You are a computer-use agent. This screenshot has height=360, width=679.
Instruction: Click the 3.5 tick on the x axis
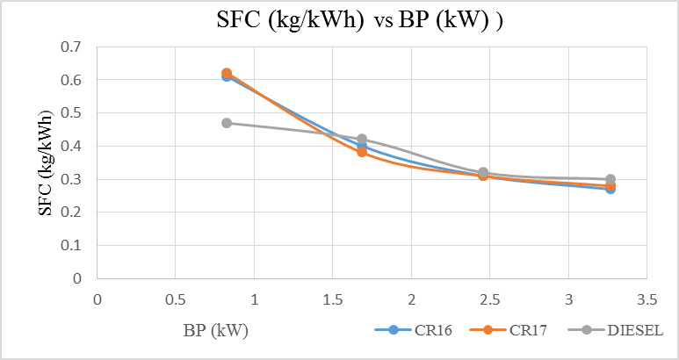point(647,299)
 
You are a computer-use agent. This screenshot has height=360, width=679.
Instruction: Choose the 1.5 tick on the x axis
point(332,299)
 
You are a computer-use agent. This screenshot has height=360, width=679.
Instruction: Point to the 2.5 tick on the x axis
point(489,299)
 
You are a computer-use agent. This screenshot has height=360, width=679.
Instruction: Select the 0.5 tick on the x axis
point(175,299)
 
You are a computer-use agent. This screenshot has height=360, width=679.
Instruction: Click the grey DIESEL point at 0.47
point(227,123)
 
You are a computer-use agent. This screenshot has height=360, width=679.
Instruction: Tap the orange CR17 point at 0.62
point(227,73)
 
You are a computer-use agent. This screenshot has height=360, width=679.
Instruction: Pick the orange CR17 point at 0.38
point(361,152)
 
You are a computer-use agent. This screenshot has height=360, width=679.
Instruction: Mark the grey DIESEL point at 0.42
point(361,139)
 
